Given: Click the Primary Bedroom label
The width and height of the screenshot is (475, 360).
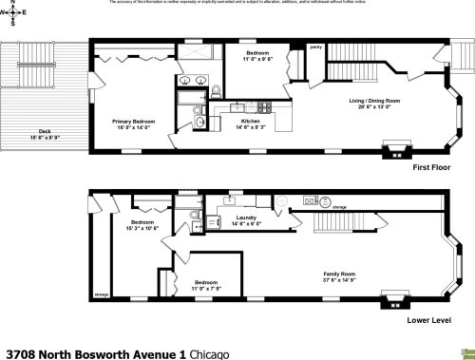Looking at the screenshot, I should click(x=134, y=122).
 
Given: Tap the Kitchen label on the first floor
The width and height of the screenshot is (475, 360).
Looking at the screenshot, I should click(x=251, y=121).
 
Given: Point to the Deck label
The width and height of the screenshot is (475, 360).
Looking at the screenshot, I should click(x=45, y=131).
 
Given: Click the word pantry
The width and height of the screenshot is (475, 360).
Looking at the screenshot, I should click(x=316, y=46).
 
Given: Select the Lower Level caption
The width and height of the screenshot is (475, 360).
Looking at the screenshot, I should click(x=428, y=320).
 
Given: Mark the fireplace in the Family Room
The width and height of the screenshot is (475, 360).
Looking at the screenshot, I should click(x=390, y=295).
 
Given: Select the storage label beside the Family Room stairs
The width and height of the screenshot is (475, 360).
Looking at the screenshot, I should click(x=339, y=206).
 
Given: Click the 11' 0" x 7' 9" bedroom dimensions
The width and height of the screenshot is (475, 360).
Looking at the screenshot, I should click(x=207, y=288).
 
